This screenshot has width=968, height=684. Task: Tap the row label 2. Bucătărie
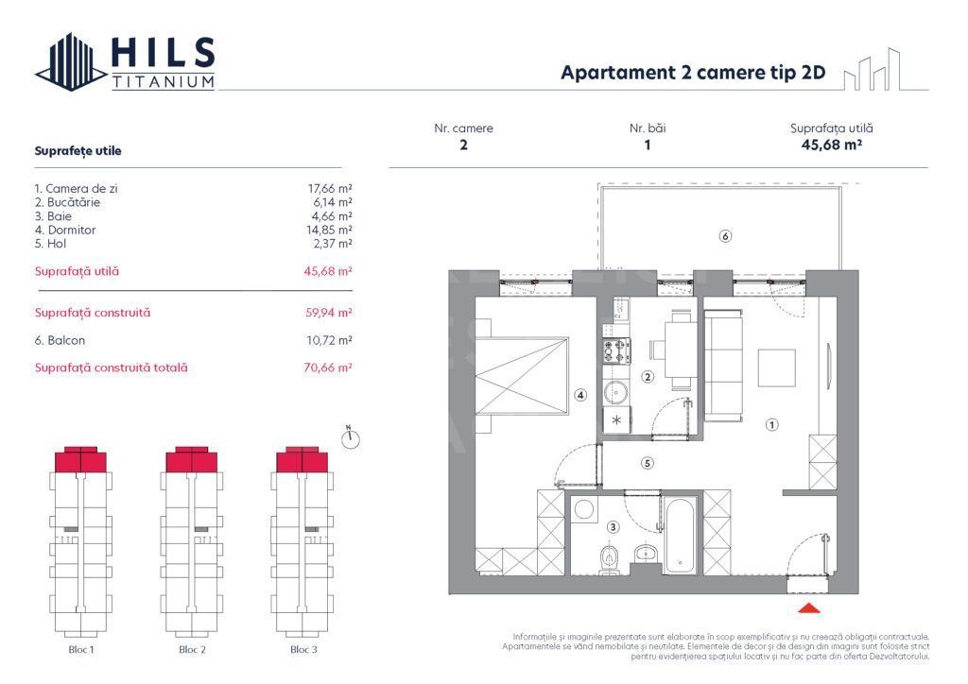pyautogui.click(x=67, y=202)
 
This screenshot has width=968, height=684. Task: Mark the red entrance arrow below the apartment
pyautogui.click(x=809, y=609)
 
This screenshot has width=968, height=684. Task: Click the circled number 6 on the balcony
pyautogui.click(x=725, y=236)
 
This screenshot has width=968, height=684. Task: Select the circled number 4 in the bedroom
pyautogui.click(x=581, y=395)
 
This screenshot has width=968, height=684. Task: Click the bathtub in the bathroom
pyautogui.click(x=681, y=536)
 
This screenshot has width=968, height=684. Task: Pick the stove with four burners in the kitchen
pyautogui.click(x=616, y=351)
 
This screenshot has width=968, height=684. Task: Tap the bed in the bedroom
pyautogui.click(x=522, y=373)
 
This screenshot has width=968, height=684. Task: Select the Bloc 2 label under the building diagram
pyautogui.click(x=192, y=650)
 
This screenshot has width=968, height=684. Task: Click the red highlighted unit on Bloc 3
pyautogui.click(x=302, y=460)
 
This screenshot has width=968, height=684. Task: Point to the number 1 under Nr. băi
pyautogui.click(x=648, y=145)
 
